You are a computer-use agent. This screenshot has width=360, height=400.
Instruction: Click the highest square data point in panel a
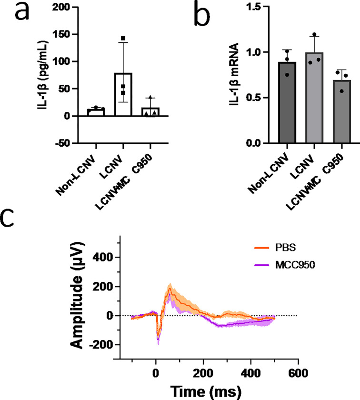[x=123, y=38]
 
